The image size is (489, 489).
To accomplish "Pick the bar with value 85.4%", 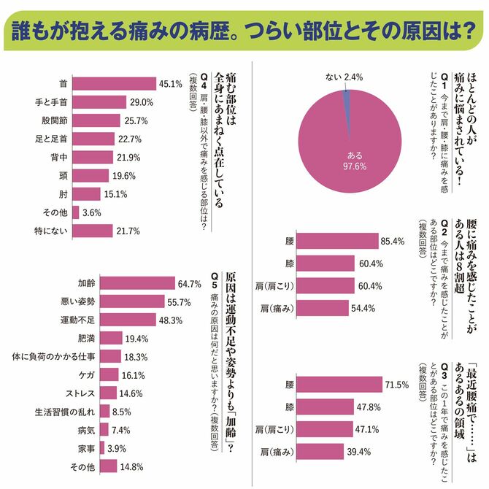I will click(337, 241).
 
